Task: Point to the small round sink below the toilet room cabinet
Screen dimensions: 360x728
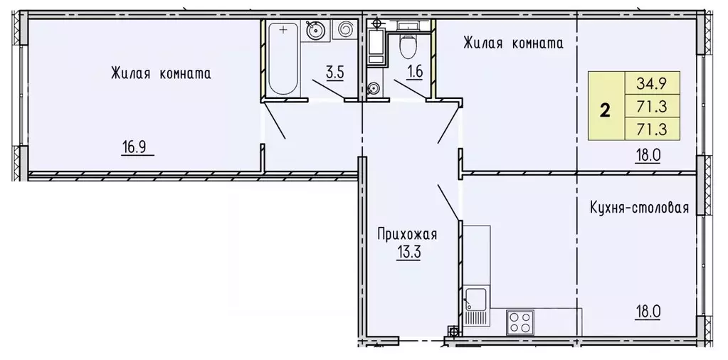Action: pyautogui.click(x=374, y=89)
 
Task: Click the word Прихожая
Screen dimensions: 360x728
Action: pyautogui.click(x=407, y=233)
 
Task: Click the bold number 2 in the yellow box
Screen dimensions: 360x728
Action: pyautogui.click(x=606, y=110)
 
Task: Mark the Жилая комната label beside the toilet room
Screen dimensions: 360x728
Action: pyautogui.click(x=512, y=43)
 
